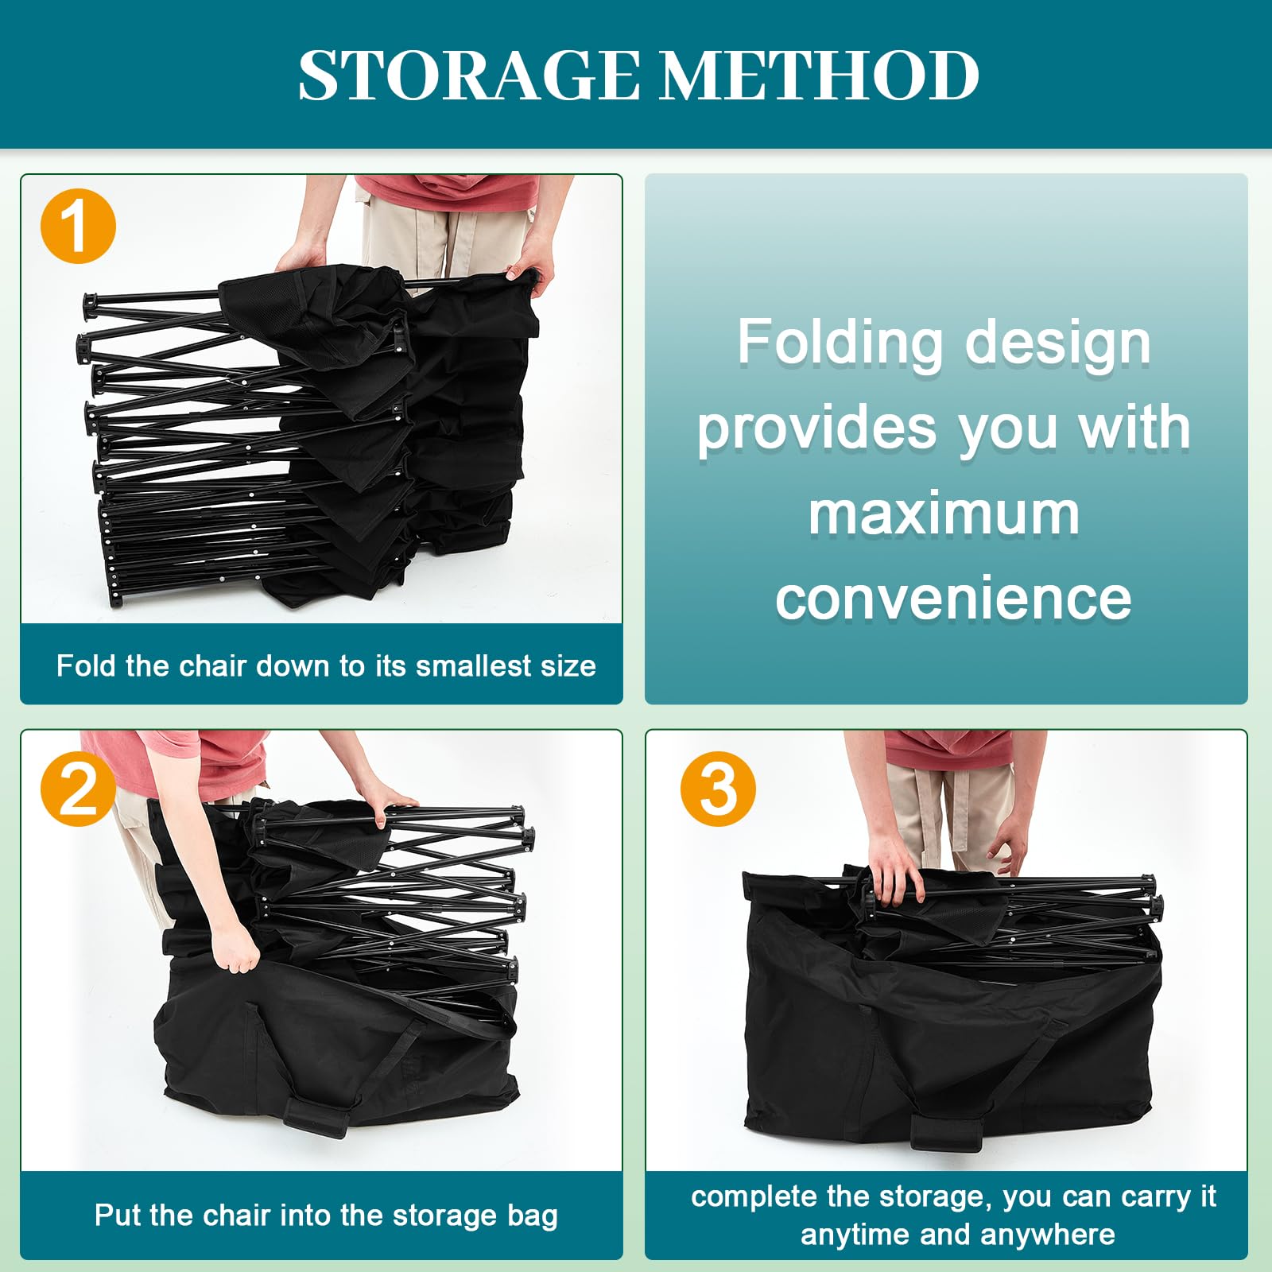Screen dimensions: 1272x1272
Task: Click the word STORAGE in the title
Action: point(469,75)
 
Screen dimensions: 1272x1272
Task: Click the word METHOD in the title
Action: point(820,75)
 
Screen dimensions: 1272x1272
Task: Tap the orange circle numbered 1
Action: point(78,226)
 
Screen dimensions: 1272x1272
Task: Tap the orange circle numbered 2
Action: point(78,789)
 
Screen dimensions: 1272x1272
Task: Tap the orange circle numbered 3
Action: point(718,789)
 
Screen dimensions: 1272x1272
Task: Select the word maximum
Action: point(944,514)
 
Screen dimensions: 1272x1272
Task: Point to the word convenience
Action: point(953,598)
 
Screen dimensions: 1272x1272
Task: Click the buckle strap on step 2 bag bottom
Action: point(316,1113)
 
